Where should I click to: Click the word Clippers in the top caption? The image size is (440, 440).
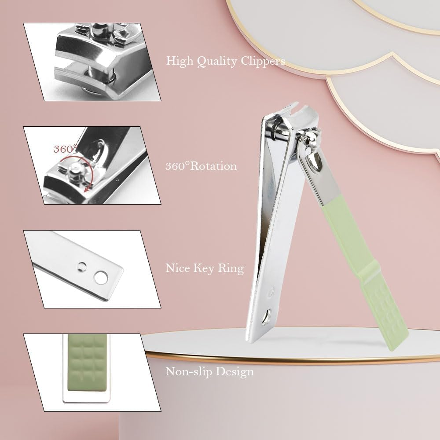pyautogui.click(x=263, y=61)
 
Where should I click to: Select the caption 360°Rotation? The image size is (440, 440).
pyautogui.click(x=201, y=166)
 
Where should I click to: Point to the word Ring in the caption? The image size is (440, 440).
pyautogui.click(x=232, y=268)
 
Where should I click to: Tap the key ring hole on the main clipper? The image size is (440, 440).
pyautogui.click(x=266, y=317)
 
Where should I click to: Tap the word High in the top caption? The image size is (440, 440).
pyautogui.click(x=179, y=61)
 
